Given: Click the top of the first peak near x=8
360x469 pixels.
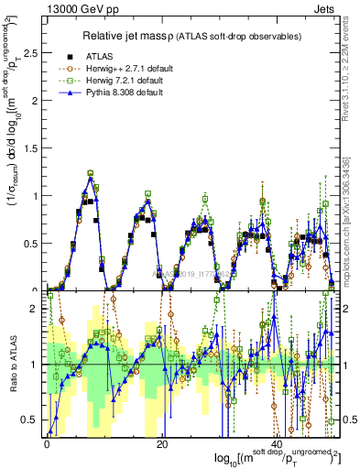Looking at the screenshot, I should coord(90,172).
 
